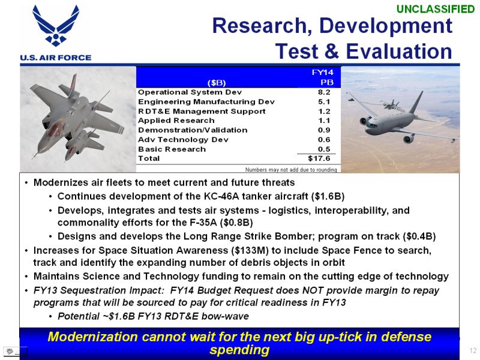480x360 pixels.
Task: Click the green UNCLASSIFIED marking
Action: pos(436,9)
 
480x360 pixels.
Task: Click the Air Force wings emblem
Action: pos(56,26)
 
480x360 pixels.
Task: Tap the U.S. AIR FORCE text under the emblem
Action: pos(56,58)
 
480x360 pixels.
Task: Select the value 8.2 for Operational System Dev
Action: pos(324,92)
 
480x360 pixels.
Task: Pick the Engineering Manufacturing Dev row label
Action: pos(206,101)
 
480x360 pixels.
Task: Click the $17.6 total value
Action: pos(319,158)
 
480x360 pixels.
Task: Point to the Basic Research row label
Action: pos(172,149)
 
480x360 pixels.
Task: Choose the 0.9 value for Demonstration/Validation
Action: pos(324,130)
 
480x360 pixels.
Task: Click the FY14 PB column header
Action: pos(323,77)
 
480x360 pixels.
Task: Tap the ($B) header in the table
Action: pos(217,83)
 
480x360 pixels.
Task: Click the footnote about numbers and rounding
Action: pos(291,170)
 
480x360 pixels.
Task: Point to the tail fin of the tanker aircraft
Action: pos(416,102)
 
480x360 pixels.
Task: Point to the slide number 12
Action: pos(473,350)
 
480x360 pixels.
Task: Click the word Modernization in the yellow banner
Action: pos(92,337)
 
